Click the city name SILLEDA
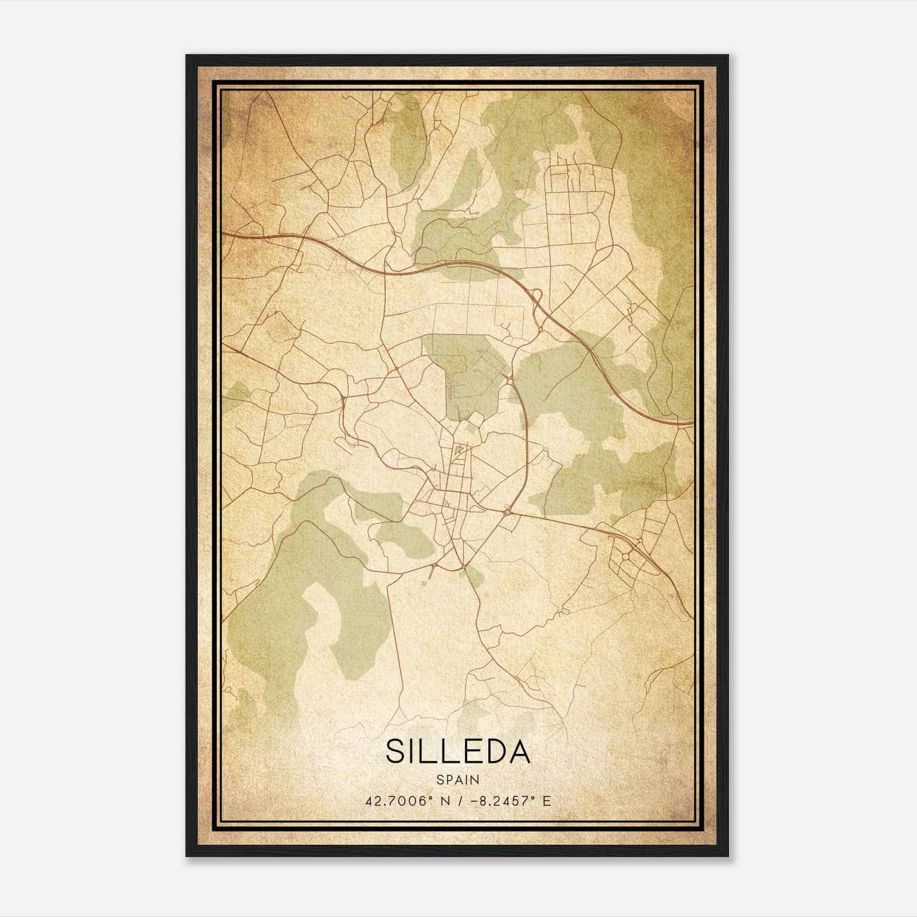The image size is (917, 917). coord(458,751)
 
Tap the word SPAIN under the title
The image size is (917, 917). coord(458,780)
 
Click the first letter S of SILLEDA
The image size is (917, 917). coord(397,751)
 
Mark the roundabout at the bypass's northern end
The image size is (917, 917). coord(510,381)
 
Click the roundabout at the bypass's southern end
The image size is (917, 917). coord(508,511)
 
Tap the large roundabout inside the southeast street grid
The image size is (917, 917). coord(626,555)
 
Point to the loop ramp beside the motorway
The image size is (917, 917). coord(537,296)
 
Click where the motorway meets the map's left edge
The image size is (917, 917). coord(224,234)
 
